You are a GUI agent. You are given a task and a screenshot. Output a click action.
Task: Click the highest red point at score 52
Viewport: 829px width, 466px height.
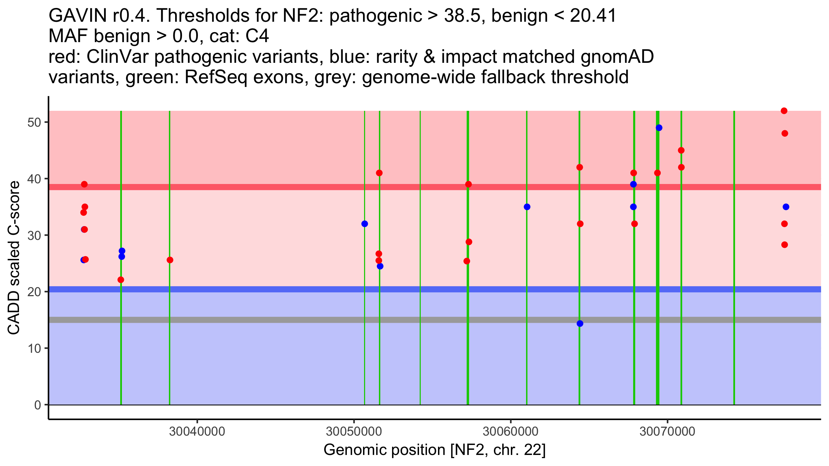pyautogui.click(x=784, y=111)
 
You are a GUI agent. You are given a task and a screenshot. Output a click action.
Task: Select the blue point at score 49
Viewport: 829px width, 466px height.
pyautogui.click(x=659, y=128)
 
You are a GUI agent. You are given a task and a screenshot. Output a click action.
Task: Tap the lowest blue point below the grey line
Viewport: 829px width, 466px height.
pyautogui.click(x=580, y=323)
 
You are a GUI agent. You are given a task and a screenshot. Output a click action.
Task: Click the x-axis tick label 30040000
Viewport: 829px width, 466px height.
pyautogui.click(x=197, y=431)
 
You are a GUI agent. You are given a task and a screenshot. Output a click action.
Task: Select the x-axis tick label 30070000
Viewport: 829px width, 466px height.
pyautogui.click(x=667, y=431)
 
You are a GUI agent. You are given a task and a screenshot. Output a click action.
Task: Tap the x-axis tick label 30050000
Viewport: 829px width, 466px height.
pyautogui.click(x=354, y=431)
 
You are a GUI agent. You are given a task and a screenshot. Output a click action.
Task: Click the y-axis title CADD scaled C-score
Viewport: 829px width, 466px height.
pyautogui.click(x=14, y=258)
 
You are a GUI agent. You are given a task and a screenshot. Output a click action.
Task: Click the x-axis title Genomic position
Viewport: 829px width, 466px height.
pyautogui.click(x=435, y=450)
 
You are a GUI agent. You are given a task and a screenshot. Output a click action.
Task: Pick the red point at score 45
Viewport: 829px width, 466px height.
pyautogui.click(x=681, y=151)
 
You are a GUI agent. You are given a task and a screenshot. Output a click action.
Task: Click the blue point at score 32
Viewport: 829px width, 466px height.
pyautogui.click(x=365, y=224)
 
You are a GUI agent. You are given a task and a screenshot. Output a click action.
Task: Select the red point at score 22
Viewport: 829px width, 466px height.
pyautogui.click(x=121, y=280)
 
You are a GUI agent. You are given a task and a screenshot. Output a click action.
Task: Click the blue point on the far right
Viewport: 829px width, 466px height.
pyautogui.click(x=786, y=207)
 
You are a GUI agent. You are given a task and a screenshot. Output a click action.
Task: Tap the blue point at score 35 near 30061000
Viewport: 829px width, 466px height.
pyautogui.click(x=527, y=207)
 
